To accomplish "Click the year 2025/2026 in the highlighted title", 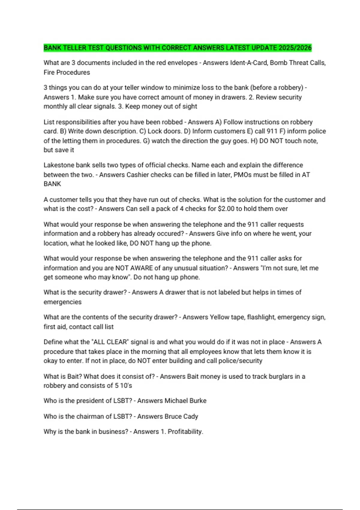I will (295, 48).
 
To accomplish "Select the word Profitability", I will (185, 432).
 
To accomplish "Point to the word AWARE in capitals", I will (141, 268).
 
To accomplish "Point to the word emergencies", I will (62, 302).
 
